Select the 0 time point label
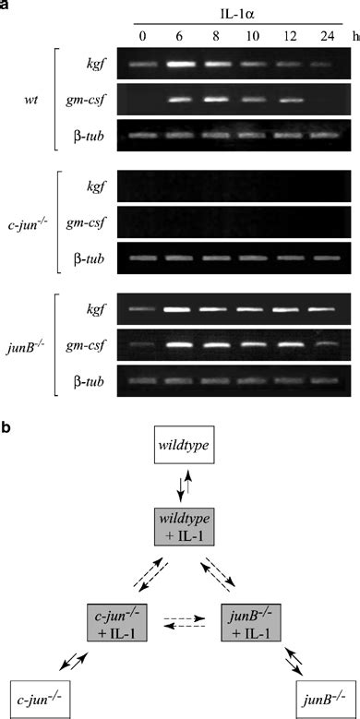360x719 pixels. coord(140,39)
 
